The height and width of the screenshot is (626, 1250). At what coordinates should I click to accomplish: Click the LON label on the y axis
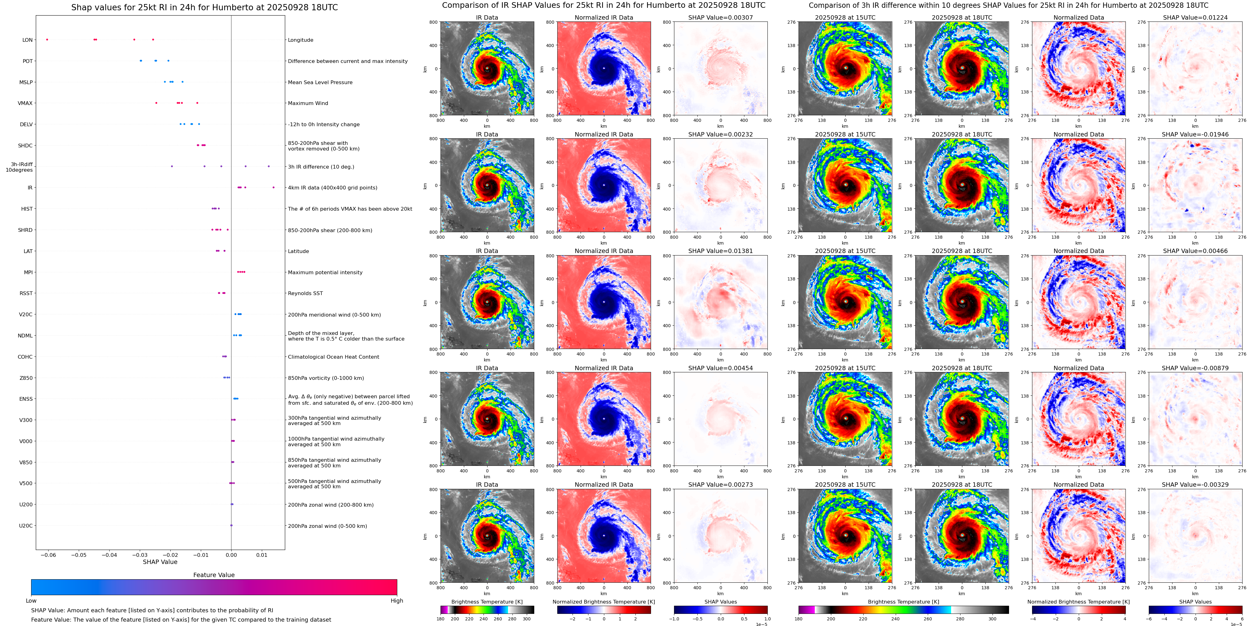(x=28, y=40)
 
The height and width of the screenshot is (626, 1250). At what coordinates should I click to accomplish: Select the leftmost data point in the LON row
(x=47, y=39)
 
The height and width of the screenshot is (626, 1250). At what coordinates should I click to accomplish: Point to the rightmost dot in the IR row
(x=274, y=188)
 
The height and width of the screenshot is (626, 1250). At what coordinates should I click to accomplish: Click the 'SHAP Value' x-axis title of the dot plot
(x=160, y=562)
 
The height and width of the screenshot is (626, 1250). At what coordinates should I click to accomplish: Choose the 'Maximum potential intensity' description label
(x=325, y=272)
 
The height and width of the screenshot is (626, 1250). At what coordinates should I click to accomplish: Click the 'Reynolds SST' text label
(x=305, y=293)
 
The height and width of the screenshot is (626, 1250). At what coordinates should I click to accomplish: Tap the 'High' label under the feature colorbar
(x=397, y=601)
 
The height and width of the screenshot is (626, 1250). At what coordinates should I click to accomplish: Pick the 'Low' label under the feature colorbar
(x=31, y=601)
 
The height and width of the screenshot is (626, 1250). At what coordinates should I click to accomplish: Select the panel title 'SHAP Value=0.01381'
(x=721, y=251)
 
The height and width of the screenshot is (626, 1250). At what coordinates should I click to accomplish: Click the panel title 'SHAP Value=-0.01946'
(x=1195, y=135)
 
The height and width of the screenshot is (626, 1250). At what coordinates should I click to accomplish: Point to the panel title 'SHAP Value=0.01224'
(x=1195, y=17)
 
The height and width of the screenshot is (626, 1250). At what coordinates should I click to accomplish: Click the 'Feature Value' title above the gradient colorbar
(x=214, y=575)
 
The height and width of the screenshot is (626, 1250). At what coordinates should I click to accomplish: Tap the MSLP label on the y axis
(x=26, y=82)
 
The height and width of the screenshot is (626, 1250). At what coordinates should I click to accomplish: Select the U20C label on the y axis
(x=26, y=525)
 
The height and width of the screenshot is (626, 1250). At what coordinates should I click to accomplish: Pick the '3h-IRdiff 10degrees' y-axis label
(x=19, y=167)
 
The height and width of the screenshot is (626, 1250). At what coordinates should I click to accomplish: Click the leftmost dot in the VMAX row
(x=156, y=103)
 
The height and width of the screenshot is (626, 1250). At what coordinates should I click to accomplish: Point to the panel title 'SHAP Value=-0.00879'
(x=1195, y=368)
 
